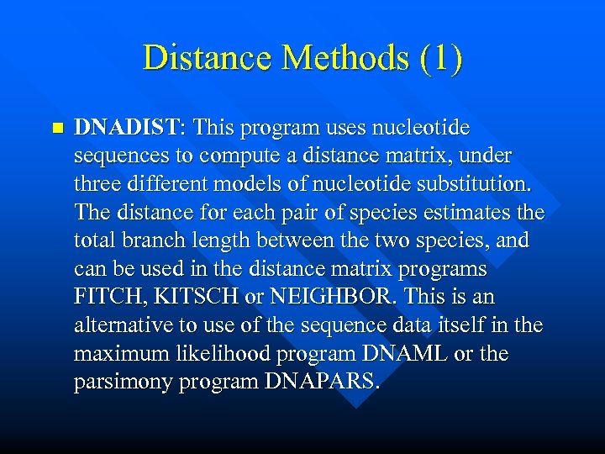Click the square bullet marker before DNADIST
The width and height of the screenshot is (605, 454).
click(57, 129)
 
